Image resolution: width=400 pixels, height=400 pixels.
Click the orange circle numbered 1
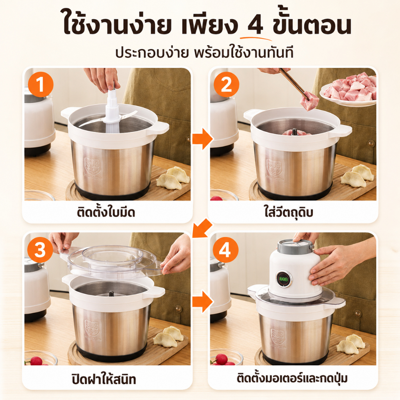tap(40, 84)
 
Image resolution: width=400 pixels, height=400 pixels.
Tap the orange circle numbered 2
tap(226, 84)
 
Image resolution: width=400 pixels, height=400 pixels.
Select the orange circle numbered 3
tap(40, 250)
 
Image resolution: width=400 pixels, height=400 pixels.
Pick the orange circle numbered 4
tap(225, 250)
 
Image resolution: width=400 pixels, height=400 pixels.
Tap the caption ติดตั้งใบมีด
tap(106, 212)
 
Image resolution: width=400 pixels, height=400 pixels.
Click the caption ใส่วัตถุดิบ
tap(289, 212)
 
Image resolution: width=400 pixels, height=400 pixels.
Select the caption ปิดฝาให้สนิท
tap(104, 379)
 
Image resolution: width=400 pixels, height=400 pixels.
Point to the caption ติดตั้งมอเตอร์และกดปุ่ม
tap(292, 378)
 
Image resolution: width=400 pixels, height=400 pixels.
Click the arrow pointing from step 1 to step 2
tap(202, 139)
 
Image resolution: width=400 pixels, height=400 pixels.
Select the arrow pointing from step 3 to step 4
tap(202, 302)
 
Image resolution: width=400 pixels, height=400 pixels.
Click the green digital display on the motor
tap(283, 279)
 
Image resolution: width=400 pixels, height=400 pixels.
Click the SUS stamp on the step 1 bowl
tap(92, 166)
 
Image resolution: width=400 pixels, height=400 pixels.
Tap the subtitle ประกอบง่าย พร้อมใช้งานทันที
tap(204, 53)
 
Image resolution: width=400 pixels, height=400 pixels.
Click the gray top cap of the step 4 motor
tap(295, 245)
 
